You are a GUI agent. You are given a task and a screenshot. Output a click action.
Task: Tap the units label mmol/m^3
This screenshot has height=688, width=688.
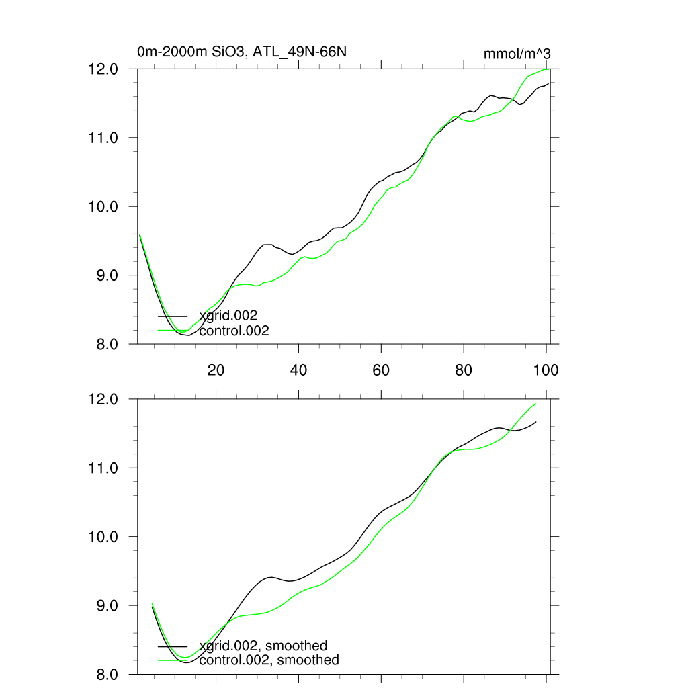point(517,54)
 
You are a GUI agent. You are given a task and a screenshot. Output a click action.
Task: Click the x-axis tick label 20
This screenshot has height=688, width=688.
point(216,370)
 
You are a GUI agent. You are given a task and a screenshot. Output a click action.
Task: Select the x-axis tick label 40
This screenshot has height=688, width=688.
point(298,370)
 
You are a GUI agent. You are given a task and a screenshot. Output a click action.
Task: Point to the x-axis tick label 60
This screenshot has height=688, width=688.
point(381,370)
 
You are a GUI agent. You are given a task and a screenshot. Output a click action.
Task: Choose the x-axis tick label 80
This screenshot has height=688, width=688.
point(464,370)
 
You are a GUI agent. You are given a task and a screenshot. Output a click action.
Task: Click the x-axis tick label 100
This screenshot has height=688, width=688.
point(544,370)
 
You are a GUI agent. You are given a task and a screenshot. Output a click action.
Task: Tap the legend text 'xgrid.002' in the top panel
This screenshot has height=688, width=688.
point(228,316)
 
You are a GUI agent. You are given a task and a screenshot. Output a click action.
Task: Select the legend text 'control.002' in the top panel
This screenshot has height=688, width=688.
point(234,331)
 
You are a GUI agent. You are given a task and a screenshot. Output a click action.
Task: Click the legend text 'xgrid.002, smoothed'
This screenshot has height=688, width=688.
point(263,646)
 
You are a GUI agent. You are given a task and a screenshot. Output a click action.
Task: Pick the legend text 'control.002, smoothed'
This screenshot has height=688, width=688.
point(269,660)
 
